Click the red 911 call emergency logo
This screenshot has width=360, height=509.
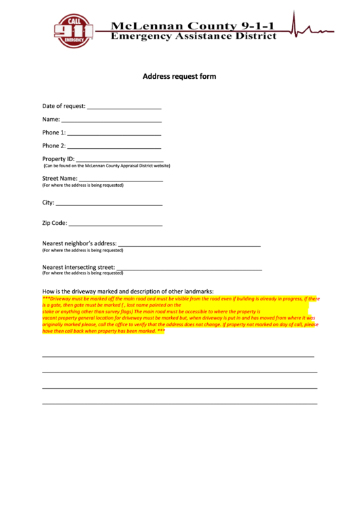coord(73,31)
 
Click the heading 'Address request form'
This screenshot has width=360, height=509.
coord(179,77)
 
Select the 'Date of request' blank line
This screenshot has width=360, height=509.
coord(124,108)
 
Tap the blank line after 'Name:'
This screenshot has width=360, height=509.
coord(111,122)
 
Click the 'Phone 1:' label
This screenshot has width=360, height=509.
coord(54,133)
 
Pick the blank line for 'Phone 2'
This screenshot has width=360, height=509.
coord(114,147)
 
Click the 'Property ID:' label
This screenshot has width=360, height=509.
coord(58,159)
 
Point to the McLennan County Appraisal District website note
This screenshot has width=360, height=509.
coord(107,166)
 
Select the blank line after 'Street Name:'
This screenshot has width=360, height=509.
coord(121,181)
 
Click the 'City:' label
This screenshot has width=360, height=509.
coord(48,203)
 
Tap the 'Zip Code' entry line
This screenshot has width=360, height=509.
coord(115,225)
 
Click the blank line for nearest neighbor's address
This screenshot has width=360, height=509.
coord(190,245)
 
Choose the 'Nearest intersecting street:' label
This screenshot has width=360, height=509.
coord(79,267)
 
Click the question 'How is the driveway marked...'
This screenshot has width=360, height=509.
coord(128,291)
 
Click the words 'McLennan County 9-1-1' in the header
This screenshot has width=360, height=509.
coord(194,26)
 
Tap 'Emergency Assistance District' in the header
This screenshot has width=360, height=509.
coord(194,36)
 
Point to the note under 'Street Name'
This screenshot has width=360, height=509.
coord(83,186)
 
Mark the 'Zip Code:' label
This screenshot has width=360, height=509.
coord(55,223)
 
